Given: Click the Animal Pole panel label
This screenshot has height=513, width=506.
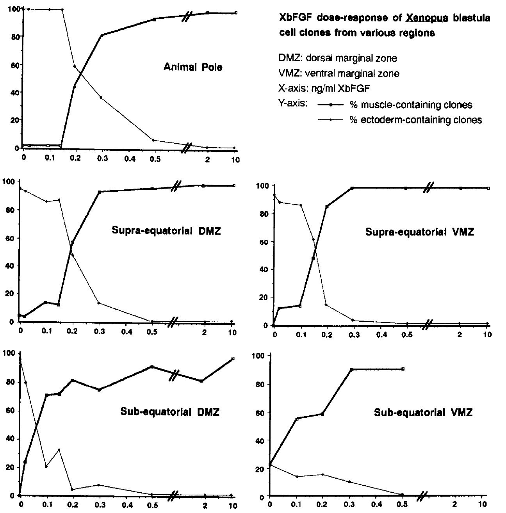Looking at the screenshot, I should click(193, 68).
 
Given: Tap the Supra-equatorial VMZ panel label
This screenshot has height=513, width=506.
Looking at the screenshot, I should click(420, 232).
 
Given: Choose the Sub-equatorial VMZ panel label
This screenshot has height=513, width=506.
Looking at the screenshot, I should click(423, 413).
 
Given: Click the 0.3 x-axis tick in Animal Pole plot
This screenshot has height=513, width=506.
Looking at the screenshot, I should click(102, 159).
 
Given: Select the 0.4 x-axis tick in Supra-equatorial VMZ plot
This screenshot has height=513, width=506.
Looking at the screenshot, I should click(380, 335).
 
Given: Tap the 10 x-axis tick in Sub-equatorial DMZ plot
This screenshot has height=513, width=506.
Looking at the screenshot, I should click(233, 505).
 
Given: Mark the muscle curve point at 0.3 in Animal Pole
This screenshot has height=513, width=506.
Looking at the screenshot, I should click(102, 36).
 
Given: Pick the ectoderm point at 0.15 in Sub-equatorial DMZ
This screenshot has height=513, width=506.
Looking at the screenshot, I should click(59, 450).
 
